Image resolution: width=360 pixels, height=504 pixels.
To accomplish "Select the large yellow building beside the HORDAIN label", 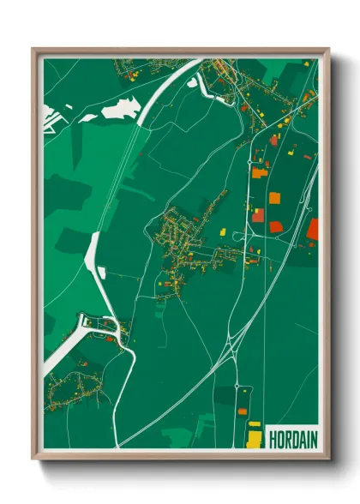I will [255, 440].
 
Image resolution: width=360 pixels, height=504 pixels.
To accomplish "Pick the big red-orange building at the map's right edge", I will [313, 228].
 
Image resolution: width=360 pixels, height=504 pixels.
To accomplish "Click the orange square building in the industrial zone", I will [274, 198].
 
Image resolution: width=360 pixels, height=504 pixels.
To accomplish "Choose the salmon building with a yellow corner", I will [257, 216].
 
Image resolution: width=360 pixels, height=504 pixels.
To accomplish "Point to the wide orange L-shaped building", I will [260, 172].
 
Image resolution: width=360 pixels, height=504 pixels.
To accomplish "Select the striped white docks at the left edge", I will [55, 114].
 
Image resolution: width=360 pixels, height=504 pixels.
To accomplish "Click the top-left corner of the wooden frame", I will [33, 49].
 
